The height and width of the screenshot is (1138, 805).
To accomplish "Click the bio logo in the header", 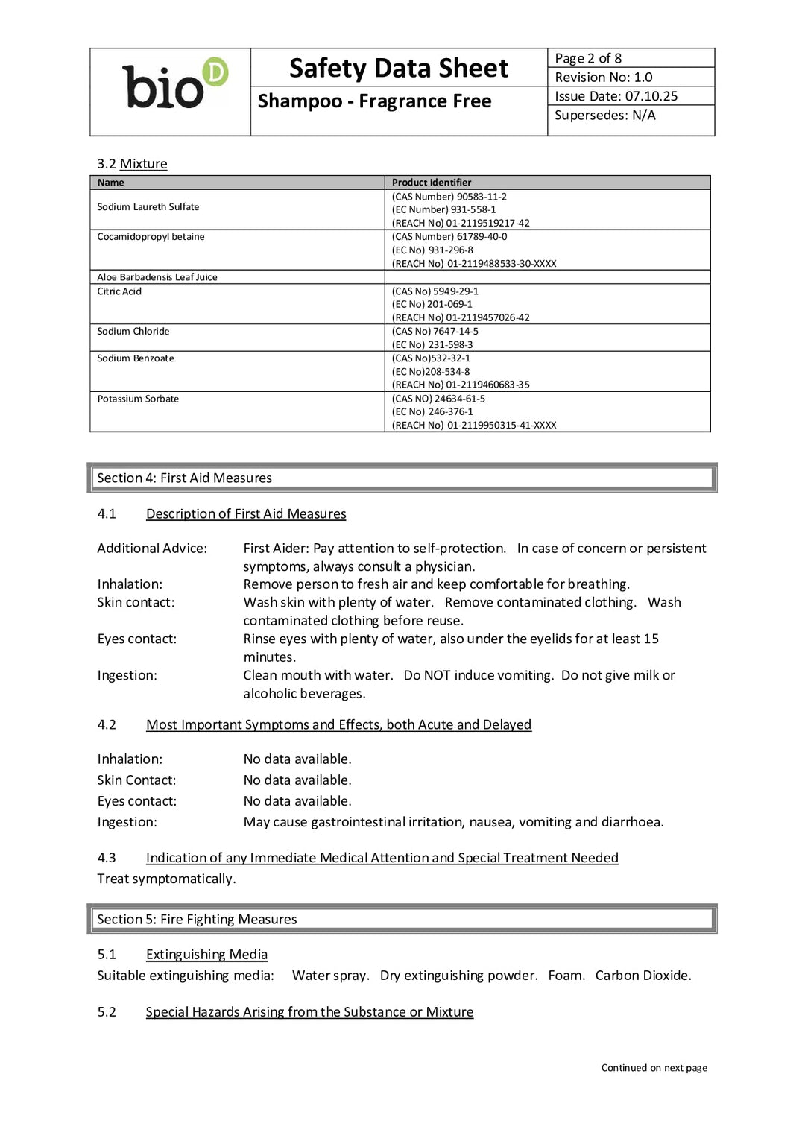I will pos(174,84).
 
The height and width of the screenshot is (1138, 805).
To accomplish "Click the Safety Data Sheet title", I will pos(399,69).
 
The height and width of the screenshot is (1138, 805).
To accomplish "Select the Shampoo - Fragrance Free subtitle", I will pos(374,101).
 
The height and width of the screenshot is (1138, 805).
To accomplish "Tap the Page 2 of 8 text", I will pos(588,58).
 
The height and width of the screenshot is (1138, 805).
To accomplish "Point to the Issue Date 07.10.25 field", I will pos(616,96).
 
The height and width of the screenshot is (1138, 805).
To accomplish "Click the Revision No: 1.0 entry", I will pos(603,78).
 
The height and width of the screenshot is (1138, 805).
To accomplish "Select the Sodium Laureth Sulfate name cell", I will pos(148,207).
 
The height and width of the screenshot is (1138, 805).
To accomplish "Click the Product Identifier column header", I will pos(432,183).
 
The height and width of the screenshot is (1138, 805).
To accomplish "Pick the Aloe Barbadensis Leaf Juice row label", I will pos(157,277).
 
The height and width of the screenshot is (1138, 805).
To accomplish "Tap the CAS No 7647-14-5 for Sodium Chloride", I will pos(435,332).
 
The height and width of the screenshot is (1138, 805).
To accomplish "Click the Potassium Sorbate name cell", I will pos(138,399).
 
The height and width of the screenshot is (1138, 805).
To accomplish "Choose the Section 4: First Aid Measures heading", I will pos(184,478).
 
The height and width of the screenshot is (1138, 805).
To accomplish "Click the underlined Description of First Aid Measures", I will pos(246,514).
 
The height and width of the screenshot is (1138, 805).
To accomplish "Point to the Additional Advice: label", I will pos(152,549).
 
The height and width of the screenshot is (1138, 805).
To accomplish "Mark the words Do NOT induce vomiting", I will pos(479,676).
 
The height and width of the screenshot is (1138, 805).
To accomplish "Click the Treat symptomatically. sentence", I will pos(166,879).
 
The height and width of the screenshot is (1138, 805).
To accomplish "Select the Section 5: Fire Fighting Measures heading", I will pos(197,920).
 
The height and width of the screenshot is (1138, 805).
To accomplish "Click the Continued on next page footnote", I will pos(654,1068).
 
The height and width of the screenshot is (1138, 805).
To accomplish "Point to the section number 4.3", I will pos(107,859).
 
